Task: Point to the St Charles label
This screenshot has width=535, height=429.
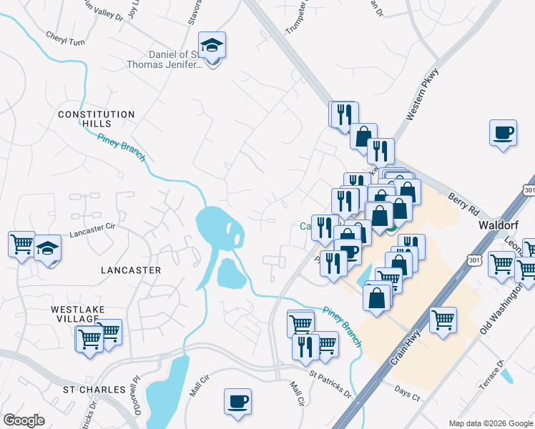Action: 89,390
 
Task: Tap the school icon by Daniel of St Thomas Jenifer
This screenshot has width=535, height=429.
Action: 212,46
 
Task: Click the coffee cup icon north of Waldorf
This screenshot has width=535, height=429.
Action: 502,133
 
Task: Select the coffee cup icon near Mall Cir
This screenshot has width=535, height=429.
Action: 237,401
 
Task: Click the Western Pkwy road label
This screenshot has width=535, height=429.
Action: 421,94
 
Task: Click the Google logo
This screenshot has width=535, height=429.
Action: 24,420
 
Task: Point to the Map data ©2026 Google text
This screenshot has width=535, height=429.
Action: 491,423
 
